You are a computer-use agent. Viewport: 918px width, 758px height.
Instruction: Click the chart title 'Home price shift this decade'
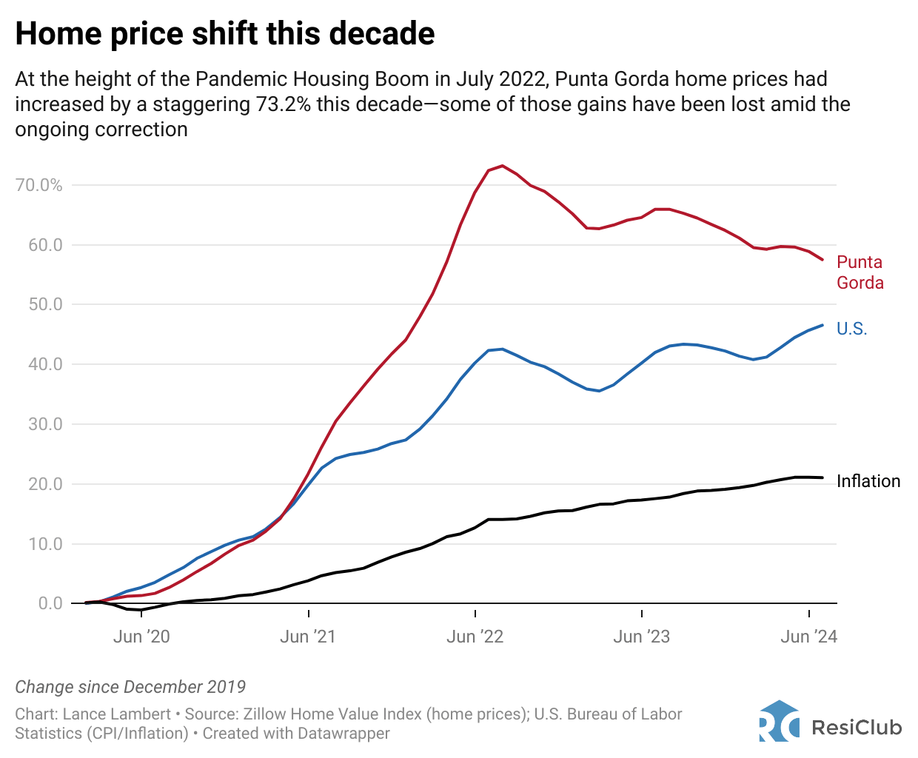click(x=225, y=34)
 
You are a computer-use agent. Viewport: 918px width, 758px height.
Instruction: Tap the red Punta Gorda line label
click(x=860, y=272)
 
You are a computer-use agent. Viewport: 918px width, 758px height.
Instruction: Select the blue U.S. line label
click(x=851, y=329)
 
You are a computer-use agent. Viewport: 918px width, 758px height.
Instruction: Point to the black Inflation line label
click(x=868, y=481)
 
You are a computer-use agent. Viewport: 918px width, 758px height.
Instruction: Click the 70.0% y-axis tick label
click(x=38, y=185)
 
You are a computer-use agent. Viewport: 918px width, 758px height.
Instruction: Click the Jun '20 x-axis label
click(x=141, y=637)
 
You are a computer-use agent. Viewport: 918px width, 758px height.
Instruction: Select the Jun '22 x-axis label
click(x=475, y=637)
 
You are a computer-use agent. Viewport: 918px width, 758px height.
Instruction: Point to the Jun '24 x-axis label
click(x=808, y=637)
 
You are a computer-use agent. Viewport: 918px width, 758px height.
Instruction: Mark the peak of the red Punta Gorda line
click(x=503, y=166)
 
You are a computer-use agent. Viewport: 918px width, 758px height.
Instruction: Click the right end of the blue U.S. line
click(x=822, y=325)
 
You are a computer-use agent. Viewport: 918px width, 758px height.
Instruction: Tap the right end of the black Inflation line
click(x=822, y=477)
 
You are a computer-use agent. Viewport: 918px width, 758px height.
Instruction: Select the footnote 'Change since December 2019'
click(x=130, y=687)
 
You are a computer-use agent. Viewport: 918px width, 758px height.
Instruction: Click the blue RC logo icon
click(x=779, y=721)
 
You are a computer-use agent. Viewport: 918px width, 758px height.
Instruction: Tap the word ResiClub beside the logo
click(x=857, y=728)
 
